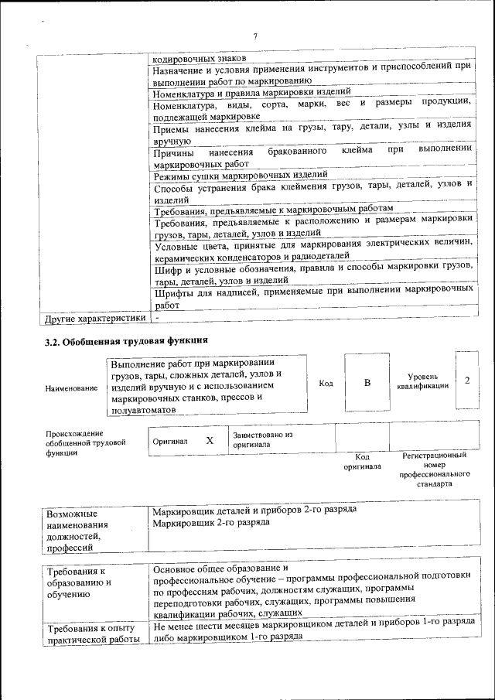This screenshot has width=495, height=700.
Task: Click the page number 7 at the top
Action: click(254, 36)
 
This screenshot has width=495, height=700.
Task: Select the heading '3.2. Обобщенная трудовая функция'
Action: click(127, 340)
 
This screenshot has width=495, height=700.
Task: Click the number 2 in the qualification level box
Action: click(467, 381)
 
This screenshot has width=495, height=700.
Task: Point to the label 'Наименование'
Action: click(72, 388)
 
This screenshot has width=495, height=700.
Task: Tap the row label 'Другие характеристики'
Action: click(94, 318)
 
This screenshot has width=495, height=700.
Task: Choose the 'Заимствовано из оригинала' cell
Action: click(262, 439)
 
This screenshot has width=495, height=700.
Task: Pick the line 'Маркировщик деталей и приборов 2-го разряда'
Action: click(254, 511)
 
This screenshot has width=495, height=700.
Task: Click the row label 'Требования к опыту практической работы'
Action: click(92, 633)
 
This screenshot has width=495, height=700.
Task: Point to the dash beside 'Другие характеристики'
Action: click(157, 318)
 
